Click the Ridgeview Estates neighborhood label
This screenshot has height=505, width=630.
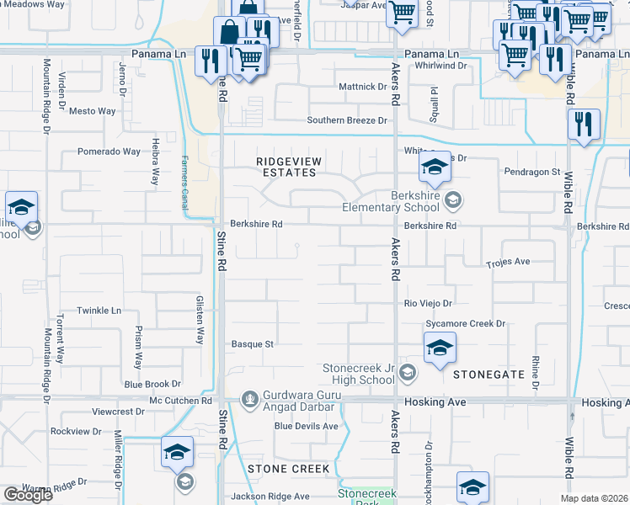pyautogui.click(x=287, y=166)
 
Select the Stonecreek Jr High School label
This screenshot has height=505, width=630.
pyautogui.click(x=359, y=375)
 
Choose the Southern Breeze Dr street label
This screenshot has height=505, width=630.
pyautogui.click(x=346, y=120)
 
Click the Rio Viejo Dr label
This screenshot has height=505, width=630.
pyautogui.click(x=429, y=303)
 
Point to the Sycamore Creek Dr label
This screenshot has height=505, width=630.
pyautogui.click(x=465, y=323)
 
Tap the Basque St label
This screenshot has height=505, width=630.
pyautogui.click(x=254, y=343)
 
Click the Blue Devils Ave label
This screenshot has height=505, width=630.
pyautogui.click(x=306, y=426)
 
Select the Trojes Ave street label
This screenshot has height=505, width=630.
pyautogui.click(x=508, y=262)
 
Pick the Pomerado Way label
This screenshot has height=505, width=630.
pyautogui.click(x=109, y=152)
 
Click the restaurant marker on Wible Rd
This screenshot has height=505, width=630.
pyautogui.click(x=584, y=124)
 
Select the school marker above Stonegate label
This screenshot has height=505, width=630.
pyautogui.click(x=440, y=348)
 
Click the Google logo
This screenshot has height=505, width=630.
pyautogui.click(x=28, y=495)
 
